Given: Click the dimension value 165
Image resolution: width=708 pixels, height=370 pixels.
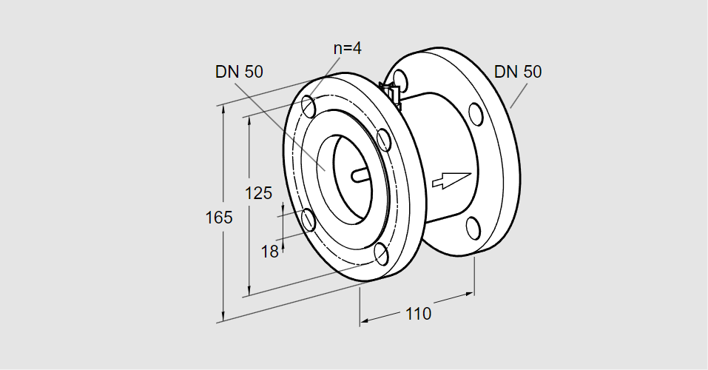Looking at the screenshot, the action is coord(219,218).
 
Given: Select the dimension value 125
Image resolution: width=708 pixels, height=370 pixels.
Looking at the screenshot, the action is coord(258,193).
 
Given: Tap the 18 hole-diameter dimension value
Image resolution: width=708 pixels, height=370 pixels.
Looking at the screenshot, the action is coord(270,252).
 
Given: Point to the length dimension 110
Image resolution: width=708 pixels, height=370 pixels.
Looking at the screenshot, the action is coord(418,314).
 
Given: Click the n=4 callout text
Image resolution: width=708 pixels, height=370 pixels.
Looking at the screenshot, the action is coord(348,48).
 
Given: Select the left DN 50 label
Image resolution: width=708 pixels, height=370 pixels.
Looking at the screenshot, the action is coord(239,72).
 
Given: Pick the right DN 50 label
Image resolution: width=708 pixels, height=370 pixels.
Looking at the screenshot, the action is coord(518,72).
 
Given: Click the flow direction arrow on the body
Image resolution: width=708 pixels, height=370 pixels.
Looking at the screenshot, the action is coord(452,180).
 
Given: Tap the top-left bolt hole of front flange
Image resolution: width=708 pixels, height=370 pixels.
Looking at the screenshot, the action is coord(309,106).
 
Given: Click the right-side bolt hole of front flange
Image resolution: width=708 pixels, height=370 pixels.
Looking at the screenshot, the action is coord(383,140).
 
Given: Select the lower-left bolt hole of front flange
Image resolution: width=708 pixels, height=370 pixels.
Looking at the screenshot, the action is coord(308,220).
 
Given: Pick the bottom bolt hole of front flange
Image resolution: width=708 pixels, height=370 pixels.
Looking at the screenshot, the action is coord(382,255).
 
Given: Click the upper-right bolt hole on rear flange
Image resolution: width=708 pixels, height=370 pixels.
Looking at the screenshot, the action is coord(476,114).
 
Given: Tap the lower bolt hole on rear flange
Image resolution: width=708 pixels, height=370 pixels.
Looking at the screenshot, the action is coord(473,228).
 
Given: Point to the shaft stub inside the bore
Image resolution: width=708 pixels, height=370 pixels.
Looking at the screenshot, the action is coord(360,175).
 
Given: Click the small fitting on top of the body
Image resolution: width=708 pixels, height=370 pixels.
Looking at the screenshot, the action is coord(391,94).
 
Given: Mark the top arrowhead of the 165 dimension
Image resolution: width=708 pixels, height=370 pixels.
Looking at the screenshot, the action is coord(223,110).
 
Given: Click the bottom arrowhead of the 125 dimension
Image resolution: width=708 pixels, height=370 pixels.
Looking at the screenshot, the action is coord(249,292).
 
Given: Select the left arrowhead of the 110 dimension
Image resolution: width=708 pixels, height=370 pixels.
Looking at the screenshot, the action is coord(365,320).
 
